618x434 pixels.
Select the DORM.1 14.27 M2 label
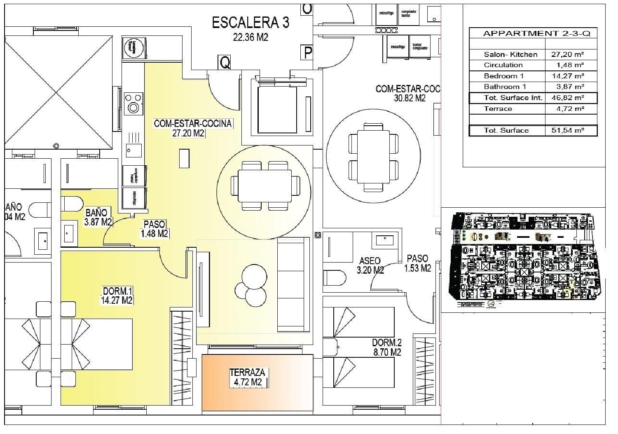coord(117,296)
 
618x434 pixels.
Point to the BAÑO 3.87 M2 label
coord(98,217)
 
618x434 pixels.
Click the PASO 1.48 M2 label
coord(155,229)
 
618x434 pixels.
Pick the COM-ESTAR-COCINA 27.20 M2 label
coord(192,128)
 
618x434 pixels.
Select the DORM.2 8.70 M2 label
coord(386,347)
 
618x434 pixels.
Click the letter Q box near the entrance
coord(225,62)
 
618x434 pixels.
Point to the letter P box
coord(307,52)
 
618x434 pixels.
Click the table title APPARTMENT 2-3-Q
coord(536,34)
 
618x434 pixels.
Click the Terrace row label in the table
coord(498,109)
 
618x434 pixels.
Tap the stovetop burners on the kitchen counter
coord(133,103)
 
